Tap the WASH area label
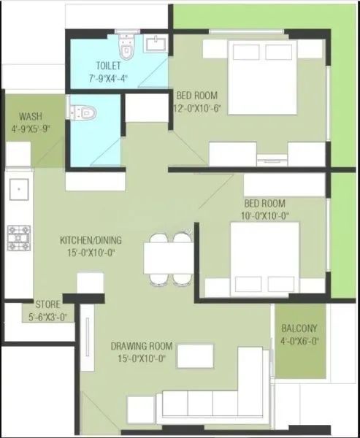coord(30,116)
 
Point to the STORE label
coord(48,304)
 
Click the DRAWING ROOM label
coord(142,345)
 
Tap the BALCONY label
coord(299,328)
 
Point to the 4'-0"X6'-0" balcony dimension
coord(299,339)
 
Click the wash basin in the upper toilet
coord(156,45)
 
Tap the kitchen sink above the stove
coord(18,191)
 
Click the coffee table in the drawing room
coord(195,356)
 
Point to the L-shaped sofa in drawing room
coord(219,398)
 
